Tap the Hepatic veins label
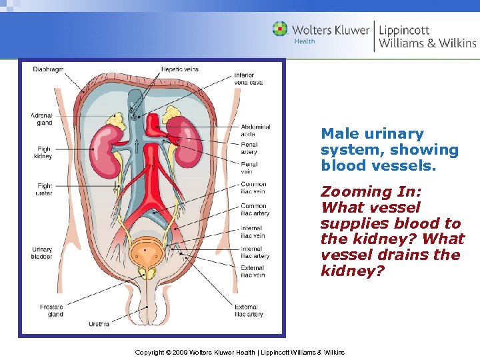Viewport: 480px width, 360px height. [179, 69]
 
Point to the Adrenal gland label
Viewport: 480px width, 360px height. [41, 119]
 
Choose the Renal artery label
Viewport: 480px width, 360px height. [249, 147]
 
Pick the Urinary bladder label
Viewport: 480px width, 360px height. [42, 254]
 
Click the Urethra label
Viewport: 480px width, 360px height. [99, 324]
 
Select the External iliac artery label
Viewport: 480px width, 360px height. [249, 311]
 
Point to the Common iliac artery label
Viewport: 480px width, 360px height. [253, 210]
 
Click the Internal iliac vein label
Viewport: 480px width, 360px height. [253, 231]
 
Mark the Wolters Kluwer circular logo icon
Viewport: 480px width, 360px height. [281, 29]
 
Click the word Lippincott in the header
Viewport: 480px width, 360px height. [404, 30]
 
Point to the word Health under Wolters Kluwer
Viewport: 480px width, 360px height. [304, 41]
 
